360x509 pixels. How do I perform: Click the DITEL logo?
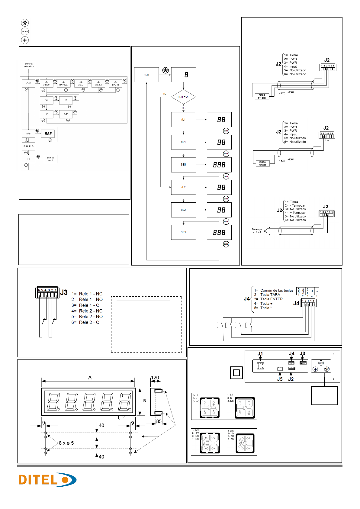[x=47, y=480]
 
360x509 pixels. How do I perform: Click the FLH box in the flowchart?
[x=146, y=75]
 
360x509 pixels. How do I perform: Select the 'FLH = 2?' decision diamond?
[x=183, y=97]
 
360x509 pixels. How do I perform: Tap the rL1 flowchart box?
[x=183, y=120]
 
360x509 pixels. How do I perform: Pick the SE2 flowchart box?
[x=183, y=232]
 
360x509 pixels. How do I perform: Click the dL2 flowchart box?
[x=183, y=210]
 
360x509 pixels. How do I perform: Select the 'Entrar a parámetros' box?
[x=28, y=65]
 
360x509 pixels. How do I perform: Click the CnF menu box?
[x=28, y=83]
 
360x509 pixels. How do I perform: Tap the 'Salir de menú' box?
[x=50, y=159]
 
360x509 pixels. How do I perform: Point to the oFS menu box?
[x=28, y=134]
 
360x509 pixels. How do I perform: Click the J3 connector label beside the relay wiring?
[x=64, y=292]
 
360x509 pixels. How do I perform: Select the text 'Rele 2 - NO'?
[x=91, y=317]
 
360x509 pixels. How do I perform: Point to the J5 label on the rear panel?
[x=280, y=379]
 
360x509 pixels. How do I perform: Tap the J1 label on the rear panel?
[x=260, y=354]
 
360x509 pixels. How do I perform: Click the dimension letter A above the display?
[x=90, y=378]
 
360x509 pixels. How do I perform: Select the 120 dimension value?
[x=155, y=378]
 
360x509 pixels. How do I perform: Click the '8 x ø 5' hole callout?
[x=66, y=443]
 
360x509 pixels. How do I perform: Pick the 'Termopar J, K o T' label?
[x=257, y=231]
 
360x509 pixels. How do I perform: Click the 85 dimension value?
[x=159, y=421]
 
